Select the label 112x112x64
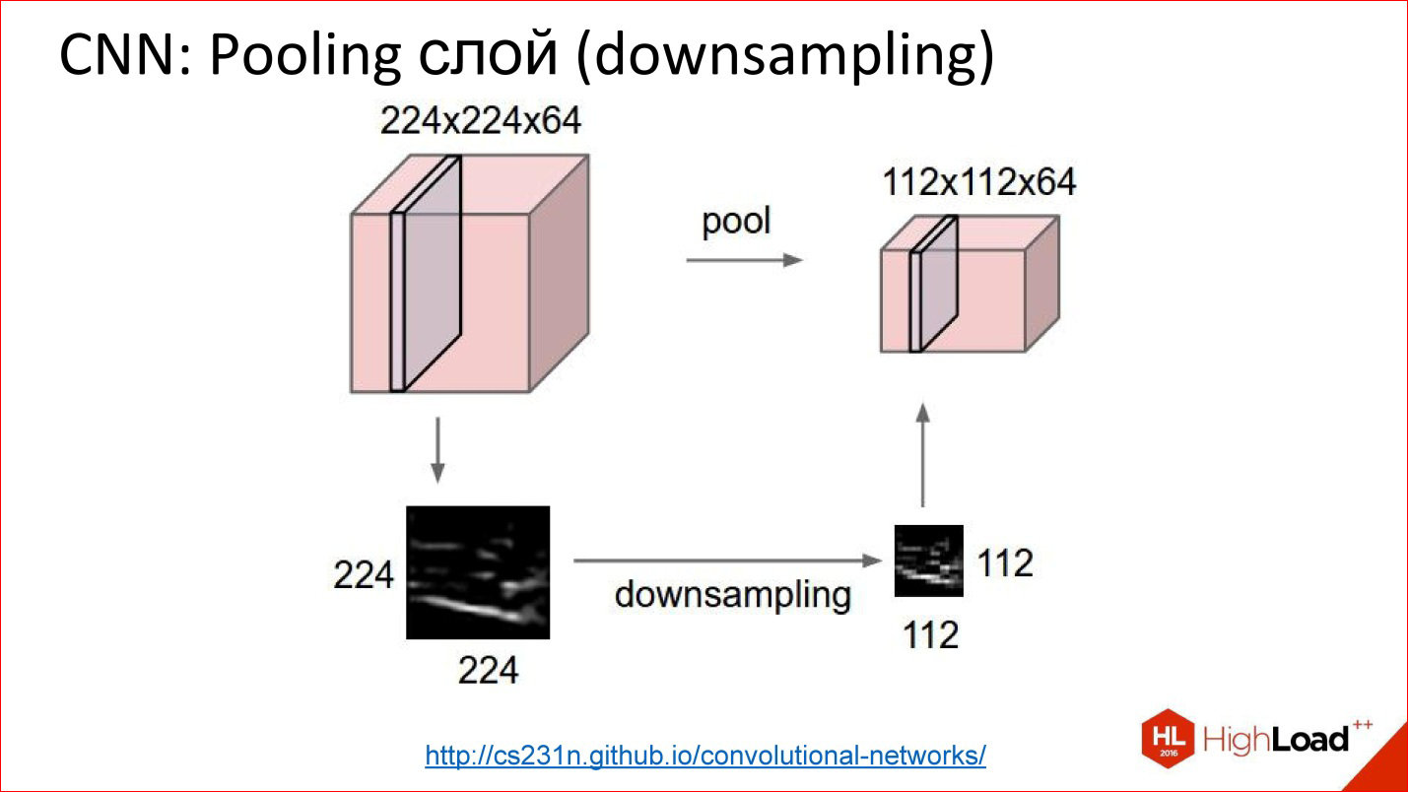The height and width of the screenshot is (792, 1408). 977,182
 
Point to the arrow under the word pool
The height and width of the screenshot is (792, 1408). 744,260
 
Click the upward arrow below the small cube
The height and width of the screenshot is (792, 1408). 923,453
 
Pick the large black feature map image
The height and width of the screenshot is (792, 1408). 478,572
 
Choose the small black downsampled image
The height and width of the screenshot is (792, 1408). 928,561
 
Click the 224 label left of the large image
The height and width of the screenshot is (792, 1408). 364,575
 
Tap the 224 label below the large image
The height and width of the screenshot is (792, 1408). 488,670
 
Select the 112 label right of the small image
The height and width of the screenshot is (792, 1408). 1005,563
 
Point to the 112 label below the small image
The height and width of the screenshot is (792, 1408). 930,634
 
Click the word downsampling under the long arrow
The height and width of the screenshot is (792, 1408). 732,595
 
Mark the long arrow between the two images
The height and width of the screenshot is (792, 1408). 725,561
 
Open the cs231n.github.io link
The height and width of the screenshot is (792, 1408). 705,756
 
